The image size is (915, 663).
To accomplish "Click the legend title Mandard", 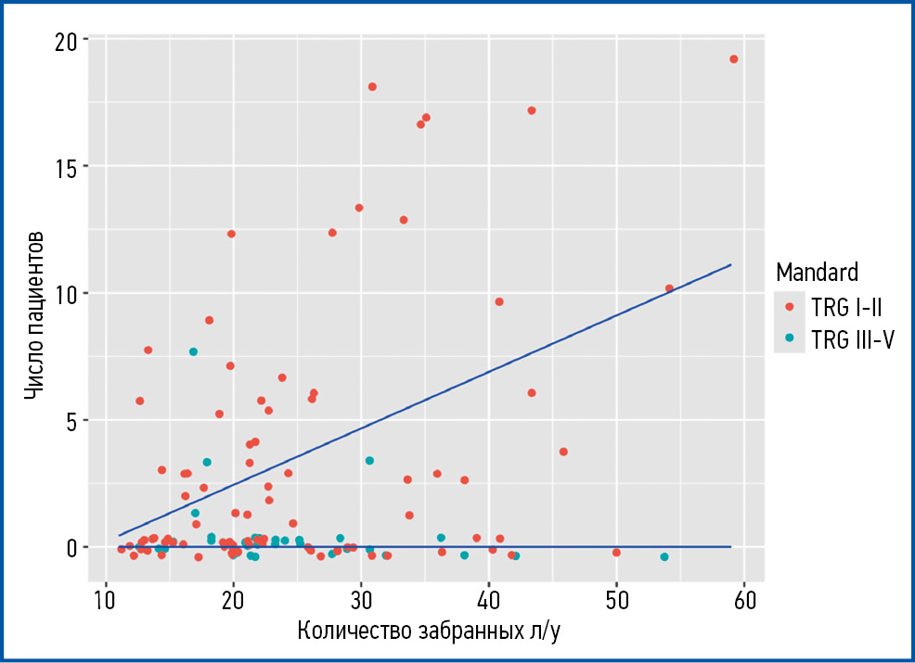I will [817, 272].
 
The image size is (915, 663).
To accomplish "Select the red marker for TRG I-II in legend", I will [789, 305].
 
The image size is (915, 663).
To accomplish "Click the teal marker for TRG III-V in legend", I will [789, 338].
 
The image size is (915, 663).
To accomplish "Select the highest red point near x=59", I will [733, 59].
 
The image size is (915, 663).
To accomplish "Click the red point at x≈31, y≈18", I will [372, 87].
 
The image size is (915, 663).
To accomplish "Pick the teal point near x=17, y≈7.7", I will [193, 351].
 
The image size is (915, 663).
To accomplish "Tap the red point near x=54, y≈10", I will [669, 288].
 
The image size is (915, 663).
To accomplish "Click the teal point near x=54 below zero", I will [664, 556].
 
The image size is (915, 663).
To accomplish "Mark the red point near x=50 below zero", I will [616, 553].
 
